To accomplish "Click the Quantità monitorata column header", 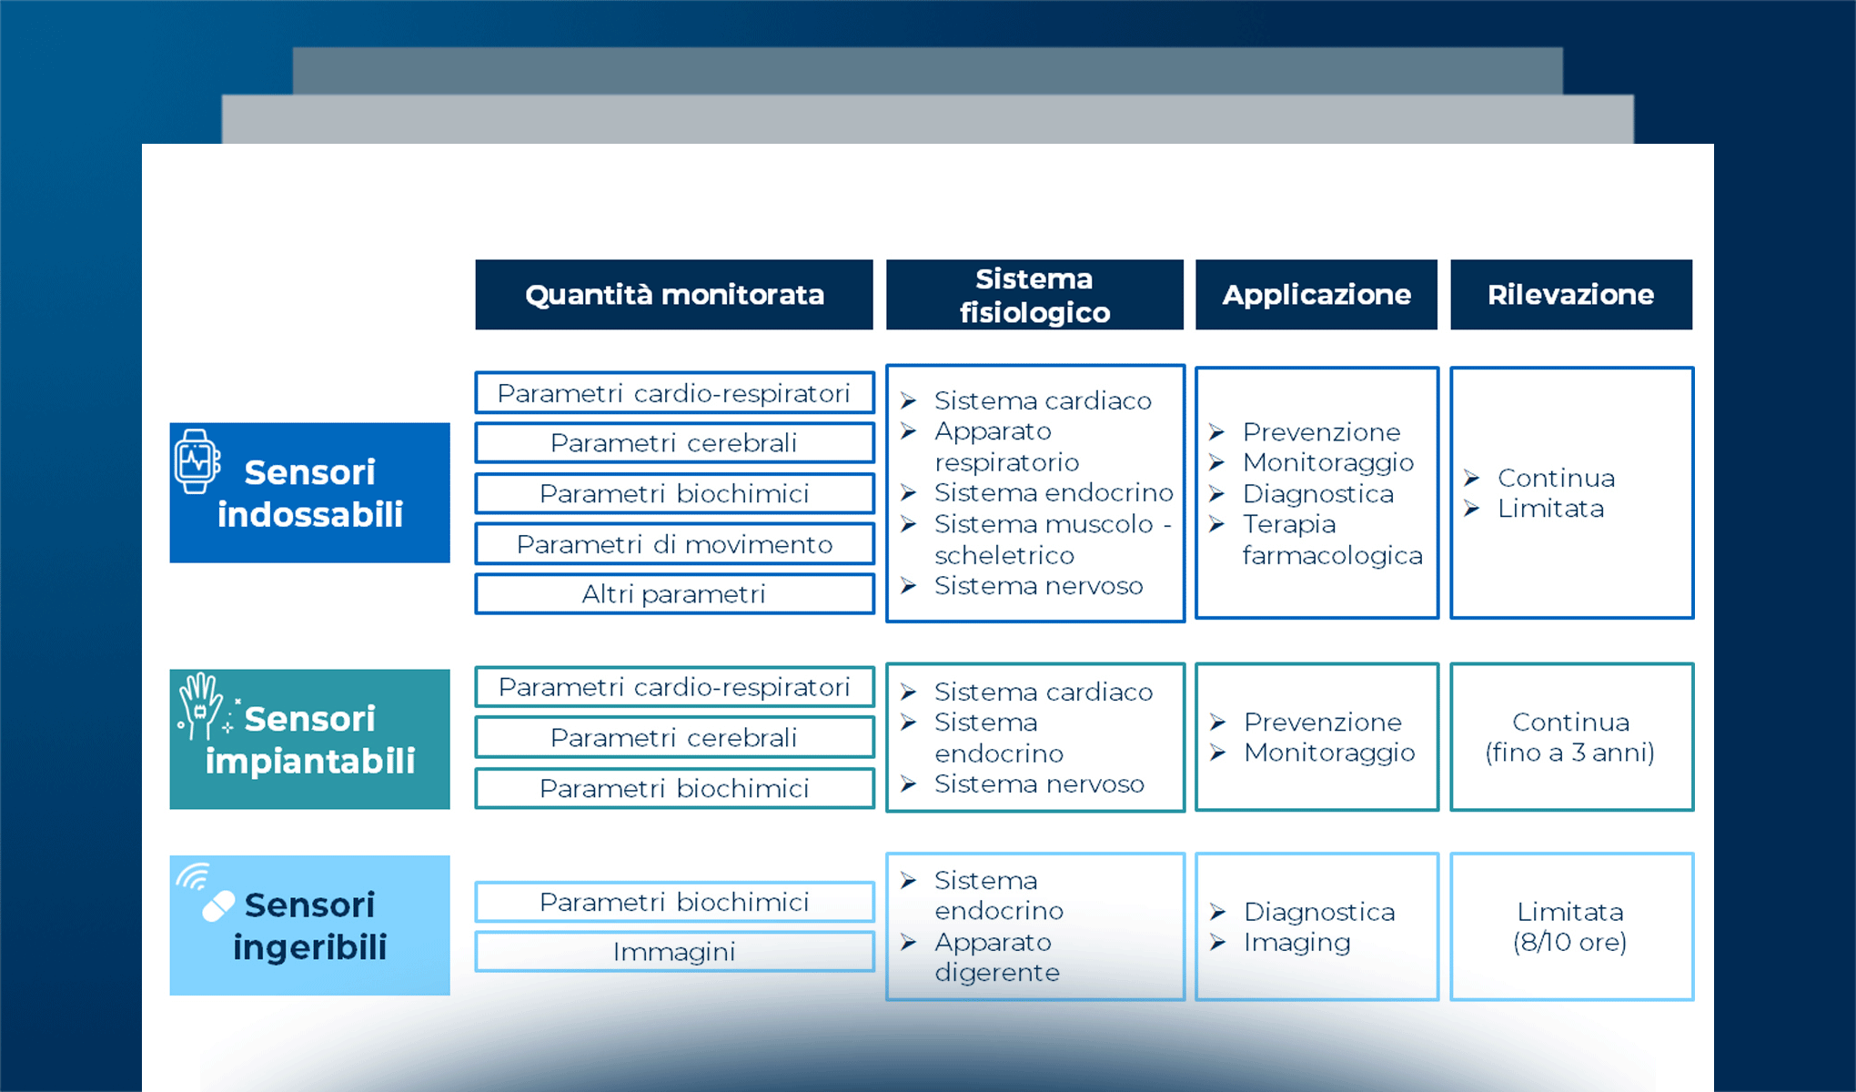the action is click(x=674, y=295).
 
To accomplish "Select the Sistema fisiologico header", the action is click(x=1034, y=295).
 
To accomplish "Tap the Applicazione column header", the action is click(x=1316, y=295).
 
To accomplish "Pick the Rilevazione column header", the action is click(x=1571, y=295).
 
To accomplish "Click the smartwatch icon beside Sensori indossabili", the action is click(x=197, y=461).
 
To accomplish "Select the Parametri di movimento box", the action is click(x=674, y=544).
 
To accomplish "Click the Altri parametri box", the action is click(x=674, y=594).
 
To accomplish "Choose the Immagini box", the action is click(x=674, y=952).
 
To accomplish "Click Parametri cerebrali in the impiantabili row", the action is click(x=674, y=737).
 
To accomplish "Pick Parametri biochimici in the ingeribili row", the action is click(x=674, y=902).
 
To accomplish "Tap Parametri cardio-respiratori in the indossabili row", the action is click(x=674, y=393).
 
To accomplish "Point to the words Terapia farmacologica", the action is click(x=1332, y=540).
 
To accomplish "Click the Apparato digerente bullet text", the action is click(x=997, y=957).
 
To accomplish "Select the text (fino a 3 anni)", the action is click(x=1569, y=753).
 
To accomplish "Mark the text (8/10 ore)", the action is click(x=1569, y=942).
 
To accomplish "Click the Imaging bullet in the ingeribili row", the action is click(x=1296, y=943).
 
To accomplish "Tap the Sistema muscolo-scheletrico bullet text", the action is click(x=1053, y=540).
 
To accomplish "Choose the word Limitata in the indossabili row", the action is click(x=1550, y=509).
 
